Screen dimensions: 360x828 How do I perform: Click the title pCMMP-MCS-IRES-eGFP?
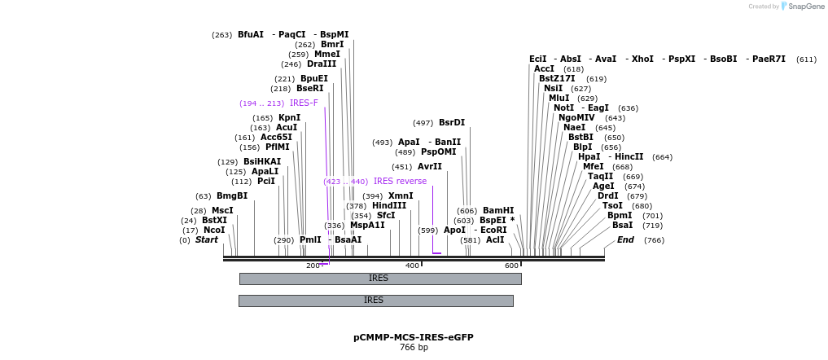413,336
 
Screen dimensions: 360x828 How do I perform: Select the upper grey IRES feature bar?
379,279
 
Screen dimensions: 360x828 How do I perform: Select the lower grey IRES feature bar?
375,301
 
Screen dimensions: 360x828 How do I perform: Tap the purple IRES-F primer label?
304,103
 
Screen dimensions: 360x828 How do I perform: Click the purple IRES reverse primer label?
400,182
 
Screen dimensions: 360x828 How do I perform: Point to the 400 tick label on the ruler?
411,266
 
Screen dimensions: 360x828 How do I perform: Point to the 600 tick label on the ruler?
510,266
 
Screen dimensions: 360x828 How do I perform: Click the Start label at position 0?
207,240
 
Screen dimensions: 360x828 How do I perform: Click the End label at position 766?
625,240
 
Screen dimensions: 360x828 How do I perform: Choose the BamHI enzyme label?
498,211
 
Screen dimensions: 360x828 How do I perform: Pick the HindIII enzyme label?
389,206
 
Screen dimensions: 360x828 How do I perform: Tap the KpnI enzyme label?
289,118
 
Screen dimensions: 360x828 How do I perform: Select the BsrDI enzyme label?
452,123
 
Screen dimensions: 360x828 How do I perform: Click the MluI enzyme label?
559,99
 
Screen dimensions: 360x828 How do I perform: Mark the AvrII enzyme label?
430,167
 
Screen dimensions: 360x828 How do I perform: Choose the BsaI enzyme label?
622,226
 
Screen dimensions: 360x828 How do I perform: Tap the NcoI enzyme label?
214,230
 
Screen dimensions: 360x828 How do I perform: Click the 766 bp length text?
413,348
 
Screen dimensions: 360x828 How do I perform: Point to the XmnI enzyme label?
401,196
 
